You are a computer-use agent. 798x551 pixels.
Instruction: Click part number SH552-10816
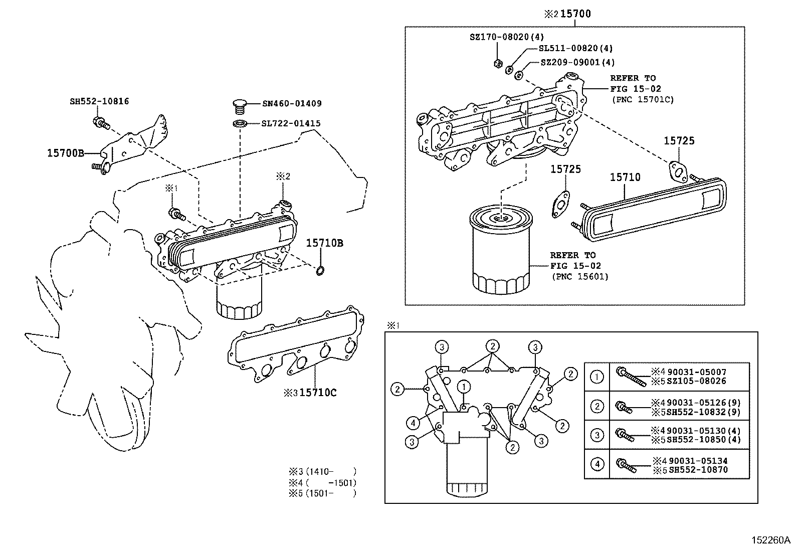coord(99,101)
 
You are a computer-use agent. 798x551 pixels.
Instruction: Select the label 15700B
coord(66,153)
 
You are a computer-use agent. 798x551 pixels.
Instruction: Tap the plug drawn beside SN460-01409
coord(241,107)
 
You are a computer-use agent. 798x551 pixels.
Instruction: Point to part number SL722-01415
coord(291,123)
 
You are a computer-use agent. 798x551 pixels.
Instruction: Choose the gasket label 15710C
coord(318,393)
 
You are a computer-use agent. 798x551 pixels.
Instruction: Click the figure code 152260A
coord(770,540)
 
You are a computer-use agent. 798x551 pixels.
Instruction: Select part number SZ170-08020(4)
coord(506,37)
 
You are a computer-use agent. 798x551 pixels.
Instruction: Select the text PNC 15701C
coord(643,100)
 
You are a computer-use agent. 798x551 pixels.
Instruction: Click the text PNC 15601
coord(579,276)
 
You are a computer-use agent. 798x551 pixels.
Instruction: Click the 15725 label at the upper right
coord(679,141)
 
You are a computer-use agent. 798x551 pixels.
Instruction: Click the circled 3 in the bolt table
coord(596,435)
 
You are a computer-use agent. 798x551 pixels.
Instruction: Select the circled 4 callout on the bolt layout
coord(413,423)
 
